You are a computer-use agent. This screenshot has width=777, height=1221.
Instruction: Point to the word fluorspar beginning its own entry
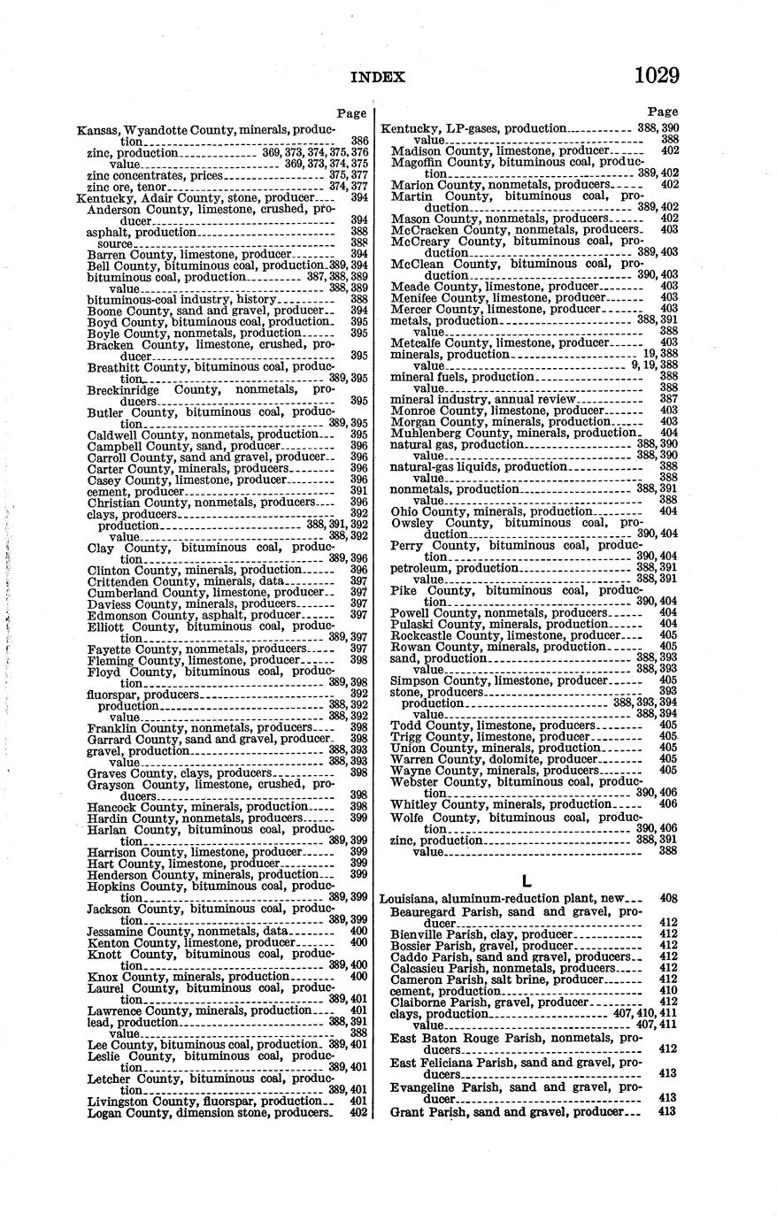[112, 695]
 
